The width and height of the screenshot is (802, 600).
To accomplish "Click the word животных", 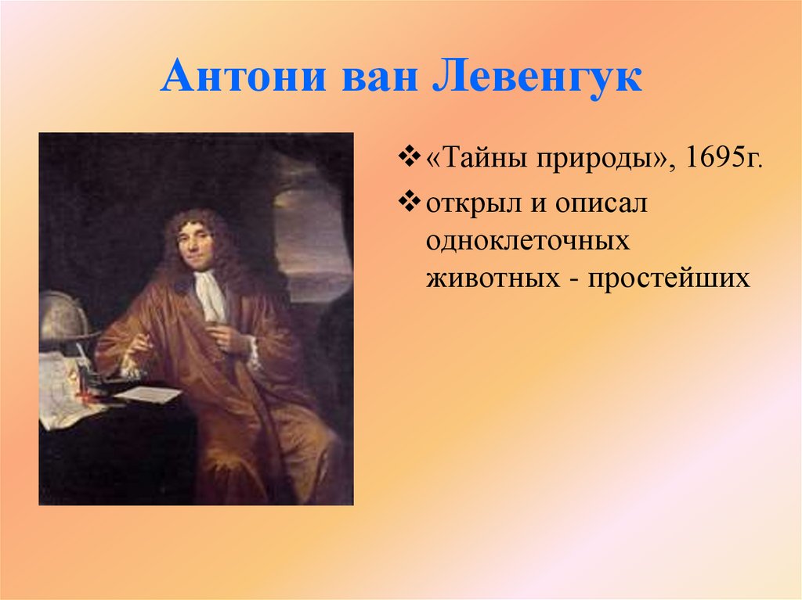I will pos(485,278).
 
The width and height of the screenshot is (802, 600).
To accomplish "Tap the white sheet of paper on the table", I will pos(147,393).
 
